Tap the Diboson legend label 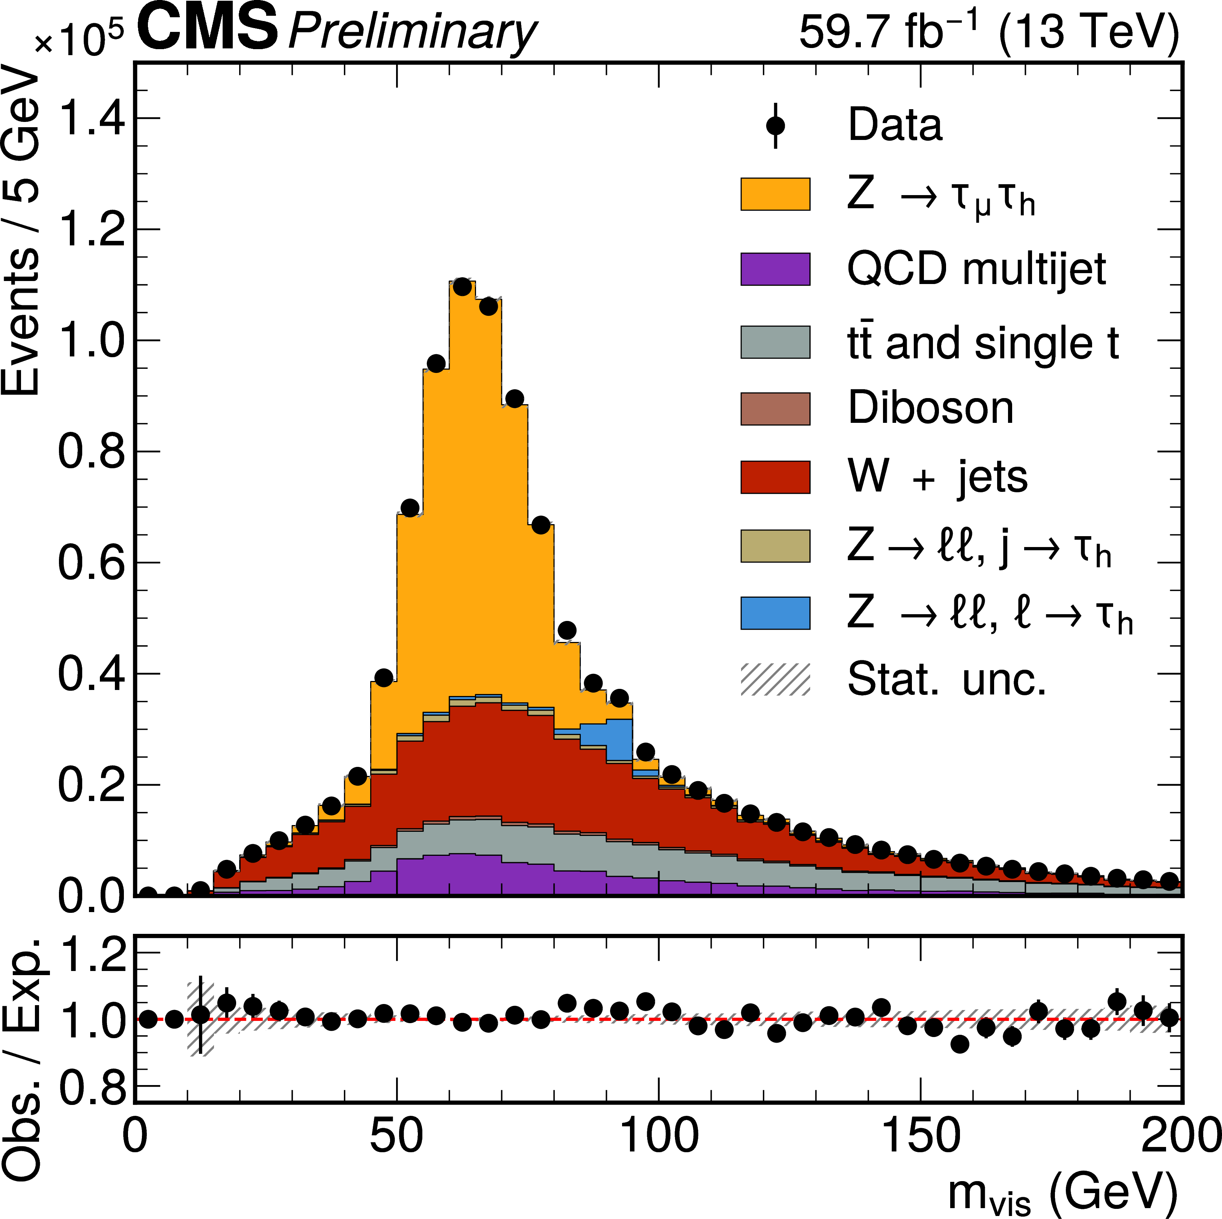[930, 408]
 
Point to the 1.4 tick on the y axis [91, 119]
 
